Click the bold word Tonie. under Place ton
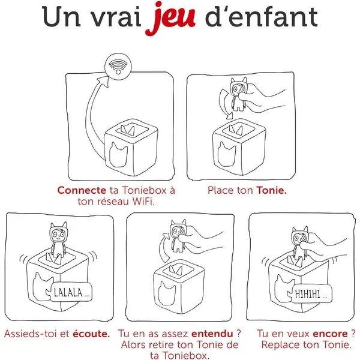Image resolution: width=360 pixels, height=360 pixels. [272, 190]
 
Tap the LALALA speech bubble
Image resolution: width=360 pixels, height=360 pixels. [71, 294]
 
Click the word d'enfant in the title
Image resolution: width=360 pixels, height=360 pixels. [265, 19]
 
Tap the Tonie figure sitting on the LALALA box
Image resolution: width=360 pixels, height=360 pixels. [58, 238]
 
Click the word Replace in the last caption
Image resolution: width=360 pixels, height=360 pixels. [282, 345]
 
